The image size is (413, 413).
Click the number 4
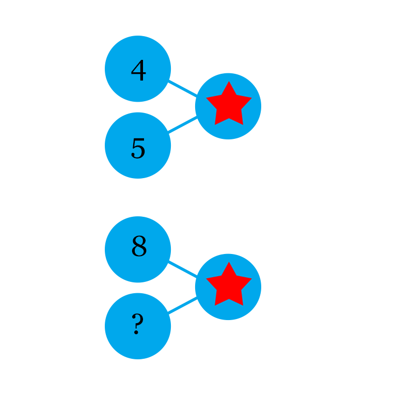(138, 71)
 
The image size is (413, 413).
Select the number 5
(138, 149)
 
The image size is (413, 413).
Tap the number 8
(139, 247)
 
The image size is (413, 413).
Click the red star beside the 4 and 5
(229, 105)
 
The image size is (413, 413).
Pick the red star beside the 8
(229, 285)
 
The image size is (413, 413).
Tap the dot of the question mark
(136, 333)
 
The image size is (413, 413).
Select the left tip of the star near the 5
(206, 98)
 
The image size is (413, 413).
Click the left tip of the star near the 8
(206, 279)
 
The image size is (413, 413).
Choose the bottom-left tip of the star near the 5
(215, 124)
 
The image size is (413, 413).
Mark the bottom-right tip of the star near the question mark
(243, 305)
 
